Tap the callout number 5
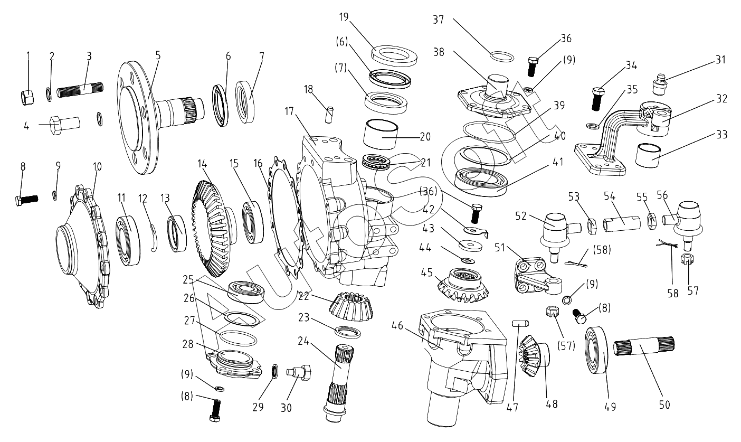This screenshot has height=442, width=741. pyautogui.click(x=143, y=54)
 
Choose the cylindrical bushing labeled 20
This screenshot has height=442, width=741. pyautogui.click(x=383, y=134)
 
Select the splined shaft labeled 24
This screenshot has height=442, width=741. pyautogui.click(x=340, y=383)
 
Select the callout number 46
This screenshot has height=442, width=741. pyautogui.click(x=397, y=326)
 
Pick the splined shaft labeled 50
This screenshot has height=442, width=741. pyautogui.click(x=644, y=349)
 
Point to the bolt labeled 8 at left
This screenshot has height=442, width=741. pyautogui.click(x=25, y=200)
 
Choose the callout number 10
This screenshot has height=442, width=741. pyautogui.click(x=97, y=166)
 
